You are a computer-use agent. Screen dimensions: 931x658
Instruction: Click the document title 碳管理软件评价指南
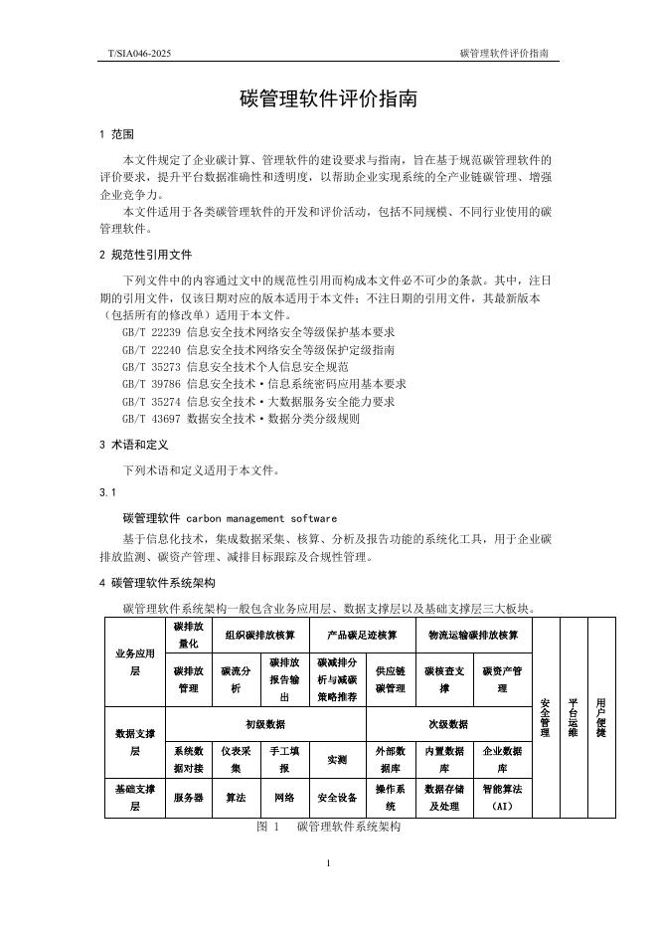coord(328,100)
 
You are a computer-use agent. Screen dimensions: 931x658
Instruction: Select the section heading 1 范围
coord(116,134)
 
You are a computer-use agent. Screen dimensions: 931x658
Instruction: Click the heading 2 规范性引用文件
coord(145,254)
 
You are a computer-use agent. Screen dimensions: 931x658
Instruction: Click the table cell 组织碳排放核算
coord(259,635)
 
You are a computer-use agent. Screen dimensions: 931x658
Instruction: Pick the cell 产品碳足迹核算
coord(362,635)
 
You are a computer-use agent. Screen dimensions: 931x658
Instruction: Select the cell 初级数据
coord(265,724)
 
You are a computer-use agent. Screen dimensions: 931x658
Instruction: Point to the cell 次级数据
coord(449,724)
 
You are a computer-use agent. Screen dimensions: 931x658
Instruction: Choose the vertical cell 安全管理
coord(545,716)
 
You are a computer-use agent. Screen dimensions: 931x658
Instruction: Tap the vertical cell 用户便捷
coord(600,716)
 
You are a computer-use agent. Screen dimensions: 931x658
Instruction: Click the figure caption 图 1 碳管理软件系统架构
coord(327,827)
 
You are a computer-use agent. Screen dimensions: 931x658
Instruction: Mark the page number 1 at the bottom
coord(328,862)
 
